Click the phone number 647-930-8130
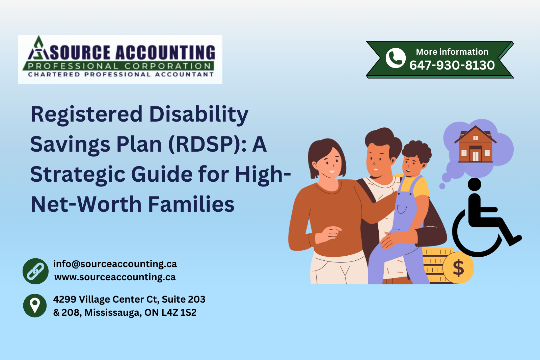[x=452, y=65]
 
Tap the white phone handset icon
[x=395, y=58]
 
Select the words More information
[x=452, y=52]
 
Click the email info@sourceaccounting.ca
[x=115, y=264]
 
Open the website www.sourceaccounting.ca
[x=115, y=277]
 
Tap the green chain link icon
[x=35, y=271]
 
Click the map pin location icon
[x=35, y=305]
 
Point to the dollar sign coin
[x=458, y=268]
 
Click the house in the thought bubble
[x=475, y=144]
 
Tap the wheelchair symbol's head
[x=475, y=184]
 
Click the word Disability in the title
[x=198, y=114]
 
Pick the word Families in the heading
[x=191, y=205]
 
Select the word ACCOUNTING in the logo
[x=165, y=53]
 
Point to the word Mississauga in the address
[x=113, y=313]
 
